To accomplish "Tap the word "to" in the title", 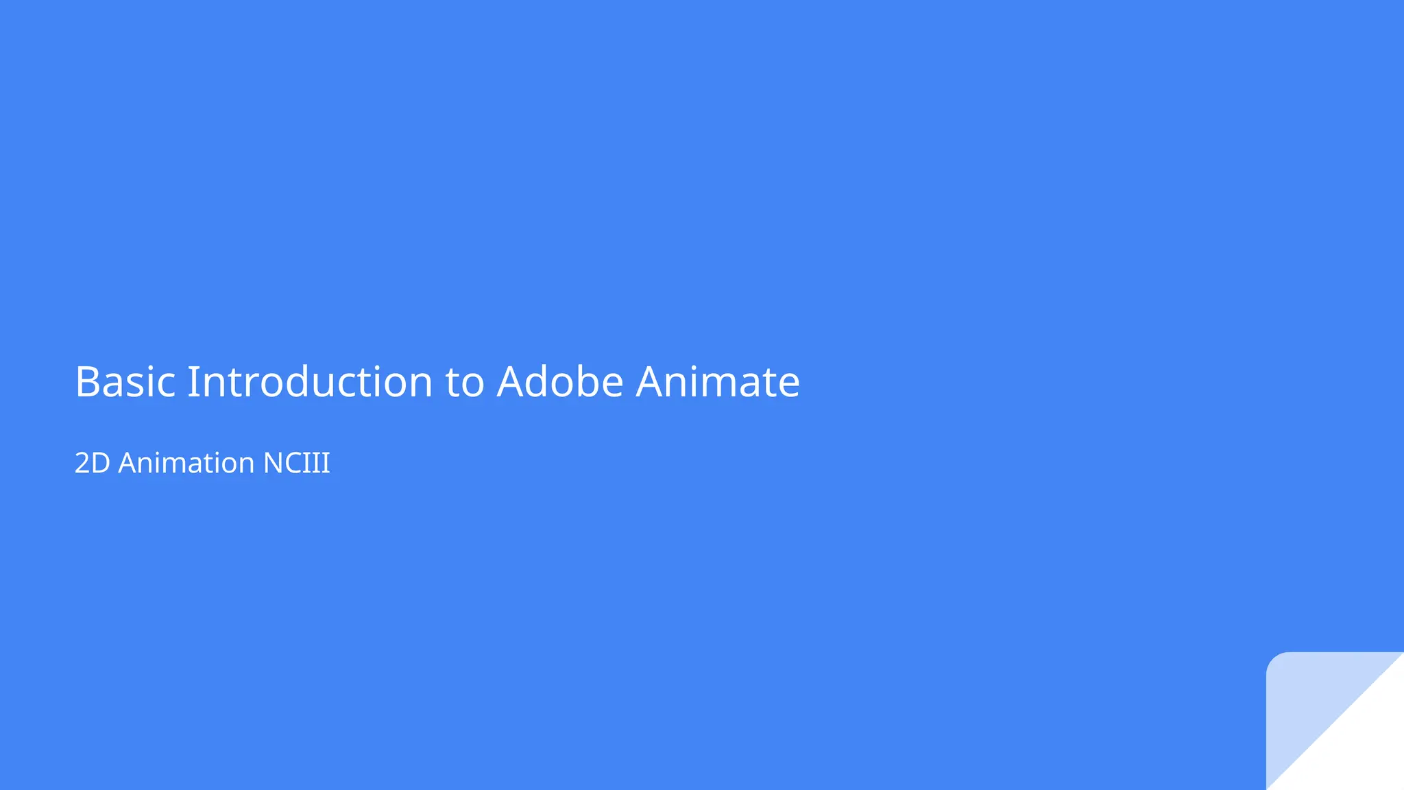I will point(465,383).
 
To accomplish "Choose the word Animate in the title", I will point(718,382).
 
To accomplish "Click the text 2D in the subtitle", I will point(92,464).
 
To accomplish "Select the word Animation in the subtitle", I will point(186,464).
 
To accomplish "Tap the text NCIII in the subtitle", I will point(297,464).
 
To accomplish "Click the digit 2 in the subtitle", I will point(82,464).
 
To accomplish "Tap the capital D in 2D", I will point(101,464).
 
